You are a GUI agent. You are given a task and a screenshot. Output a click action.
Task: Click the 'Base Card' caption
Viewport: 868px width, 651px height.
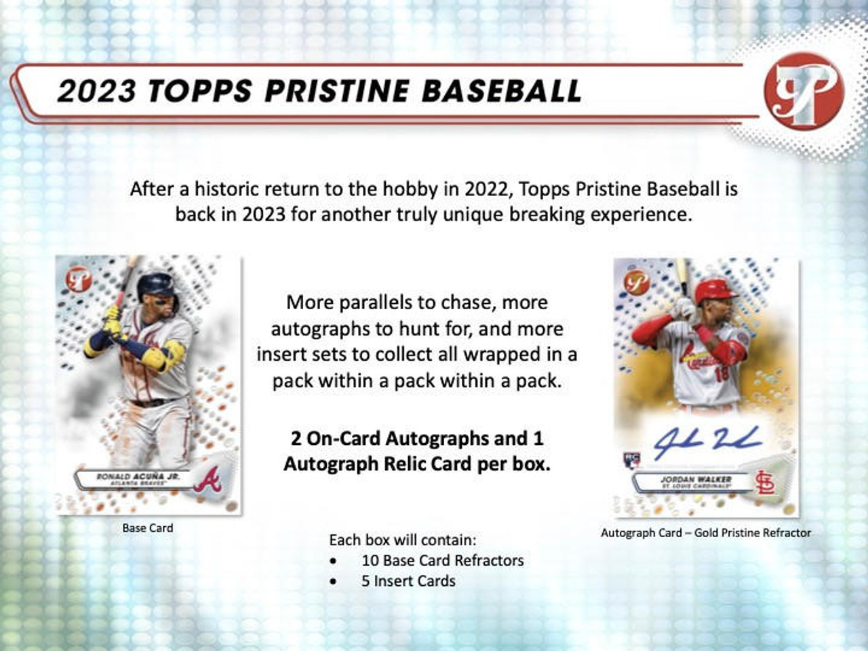coord(148,528)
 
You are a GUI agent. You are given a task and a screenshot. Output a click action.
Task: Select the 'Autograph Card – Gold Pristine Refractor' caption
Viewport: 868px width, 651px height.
coord(705,533)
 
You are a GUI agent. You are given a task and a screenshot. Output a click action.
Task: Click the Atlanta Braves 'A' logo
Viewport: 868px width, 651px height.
coord(206,480)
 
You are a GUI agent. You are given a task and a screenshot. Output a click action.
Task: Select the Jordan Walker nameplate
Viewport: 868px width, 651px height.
coord(696,482)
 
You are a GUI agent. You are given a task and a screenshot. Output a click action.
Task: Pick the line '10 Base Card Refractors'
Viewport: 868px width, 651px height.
coord(442,561)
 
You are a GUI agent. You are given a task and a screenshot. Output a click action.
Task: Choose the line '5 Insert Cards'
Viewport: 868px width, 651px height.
coord(408,581)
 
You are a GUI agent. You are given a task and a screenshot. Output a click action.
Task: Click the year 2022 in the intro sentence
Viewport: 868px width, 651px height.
coord(488,189)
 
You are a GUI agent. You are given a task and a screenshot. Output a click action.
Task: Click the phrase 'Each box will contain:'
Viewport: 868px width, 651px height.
coord(403,540)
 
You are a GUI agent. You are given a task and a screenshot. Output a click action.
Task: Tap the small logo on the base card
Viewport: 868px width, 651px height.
coord(79,277)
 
